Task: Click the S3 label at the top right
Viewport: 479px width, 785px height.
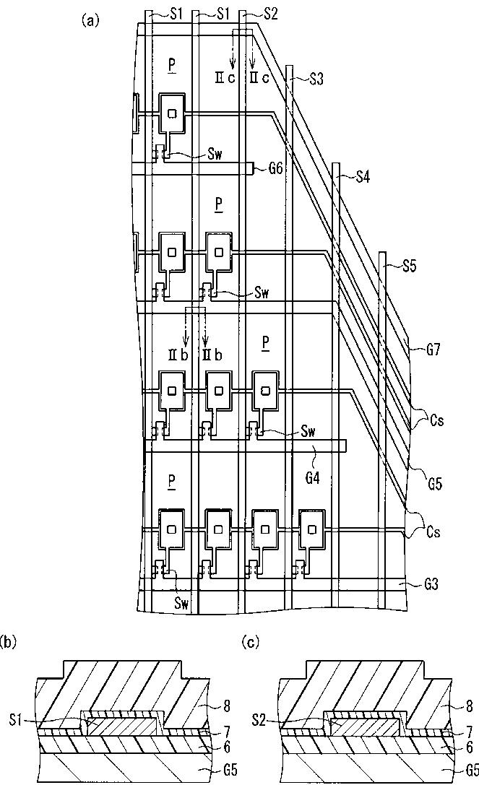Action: click(x=316, y=79)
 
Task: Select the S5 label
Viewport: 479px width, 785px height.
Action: click(x=409, y=266)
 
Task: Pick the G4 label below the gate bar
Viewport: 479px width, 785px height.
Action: click(x=314, y=457)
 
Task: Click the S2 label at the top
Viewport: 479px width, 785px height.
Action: click(x=269, y=12)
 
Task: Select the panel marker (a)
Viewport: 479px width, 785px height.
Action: click(x=90, y=20)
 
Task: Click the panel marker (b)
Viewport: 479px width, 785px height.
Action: click(x=7, y=640)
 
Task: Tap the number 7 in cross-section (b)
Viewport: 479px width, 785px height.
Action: click(x=223, y=732)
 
